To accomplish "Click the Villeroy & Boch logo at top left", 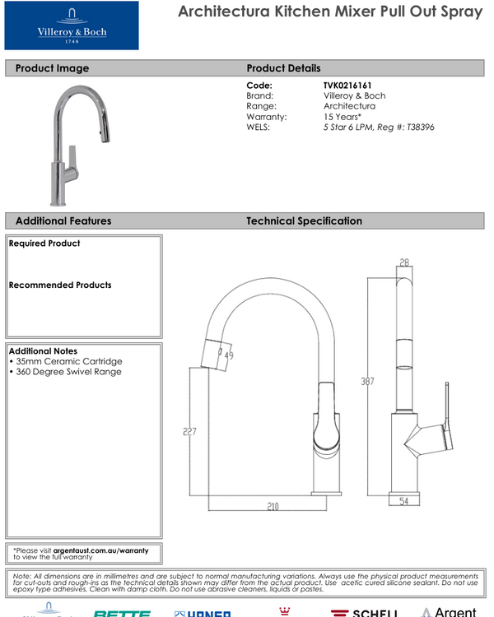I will (x=72, y=26).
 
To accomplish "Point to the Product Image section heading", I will (x=52, y=68).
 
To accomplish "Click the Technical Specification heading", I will (x=304, y=221).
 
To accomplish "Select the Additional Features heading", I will (x=63, y=221).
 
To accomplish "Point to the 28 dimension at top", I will (x=403, y=263).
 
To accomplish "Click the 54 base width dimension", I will (x=403, y=501).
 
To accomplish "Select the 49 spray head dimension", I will (x=228, y=355).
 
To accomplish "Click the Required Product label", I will (x=44, y=244).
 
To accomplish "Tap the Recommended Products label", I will (x=59, y=285).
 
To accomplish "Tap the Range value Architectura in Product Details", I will (x=349, y=106).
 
